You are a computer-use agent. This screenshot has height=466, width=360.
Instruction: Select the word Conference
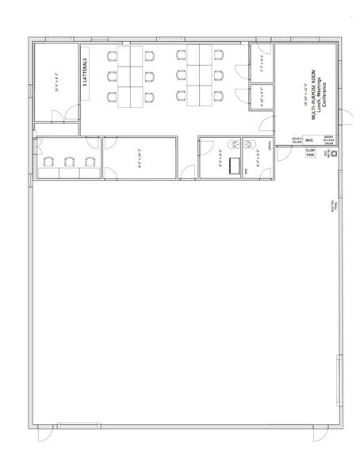(x=325, y=100)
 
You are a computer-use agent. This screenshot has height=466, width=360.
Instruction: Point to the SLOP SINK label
(x=310, y=152)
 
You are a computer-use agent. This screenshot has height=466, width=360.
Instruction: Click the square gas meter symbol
(x=332, y=155)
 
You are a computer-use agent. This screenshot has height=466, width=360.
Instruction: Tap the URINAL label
(x=271, y=147)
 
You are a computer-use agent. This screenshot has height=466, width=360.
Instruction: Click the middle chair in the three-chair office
(x=69, y=162)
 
